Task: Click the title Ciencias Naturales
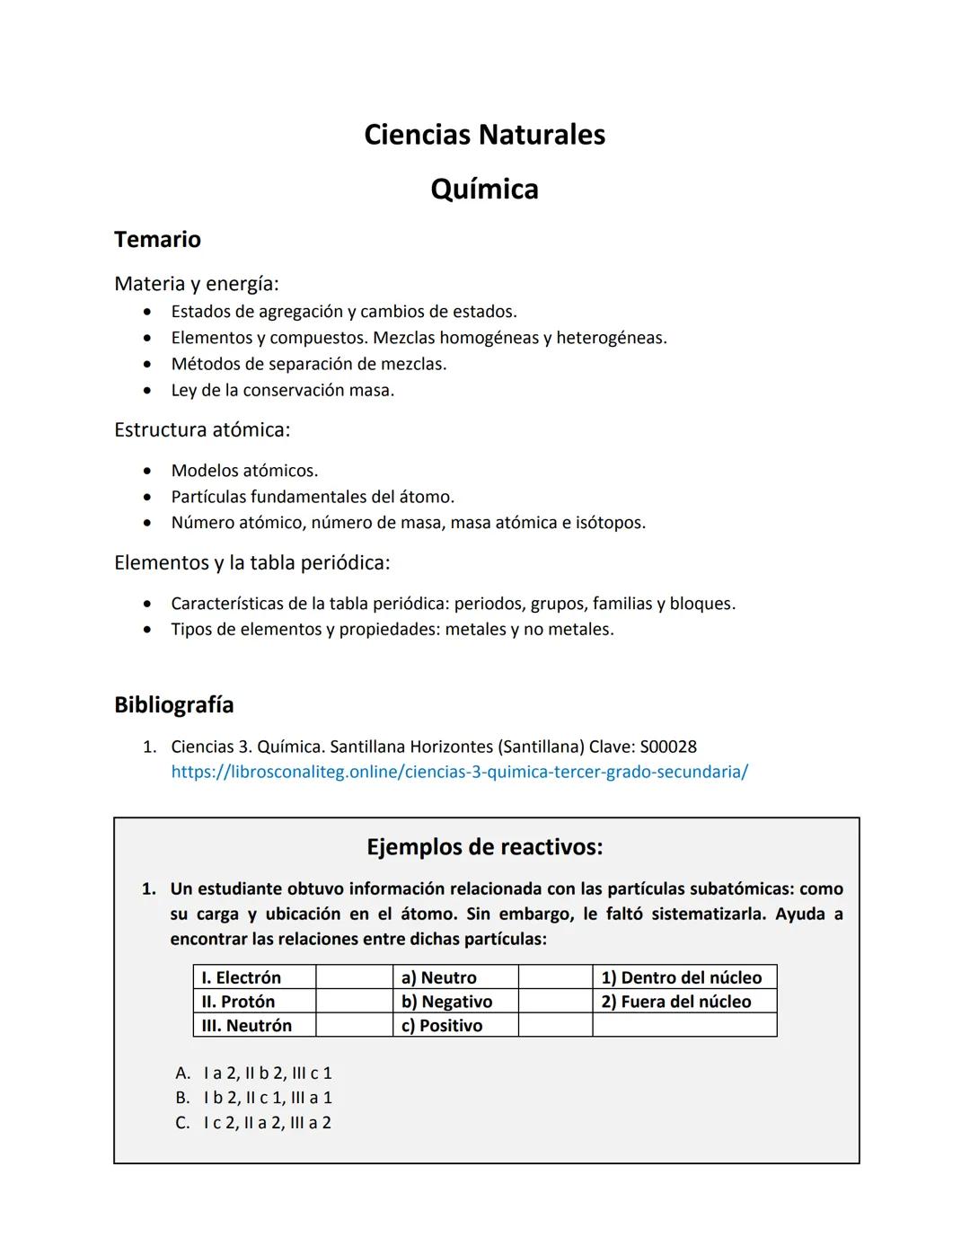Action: pyautogui.click(x=484, y=135)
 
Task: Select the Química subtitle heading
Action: pyautogui.click(x=484, y=190)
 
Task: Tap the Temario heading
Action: pyautogui.click(x=157, y=240)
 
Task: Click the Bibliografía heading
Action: pyautogui.click(x=173, y=705)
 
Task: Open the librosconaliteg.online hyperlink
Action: pyautogui.click(x=459, y=772)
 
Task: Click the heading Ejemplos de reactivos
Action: pyautogui.click(x=484, y=847)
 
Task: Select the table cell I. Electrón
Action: pyautogui.click(x=242, y=977)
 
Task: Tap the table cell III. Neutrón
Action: pyautogui.click(x=246, y=1026)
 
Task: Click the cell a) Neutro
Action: pyautogui.click(x=439, y=977)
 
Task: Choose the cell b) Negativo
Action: pyautogui.click(x=446, y=1002)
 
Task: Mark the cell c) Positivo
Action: pyautogui.click(x=442, y=1026)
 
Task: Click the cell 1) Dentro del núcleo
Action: pyautogui.click(x=682, y=977)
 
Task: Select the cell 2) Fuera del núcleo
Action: pyautogui.click(x=676, y=1002)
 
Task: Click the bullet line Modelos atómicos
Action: pyautogui.click(x=244, y=471)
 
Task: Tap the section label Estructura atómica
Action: pyautogui.click(x=202, y=430)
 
